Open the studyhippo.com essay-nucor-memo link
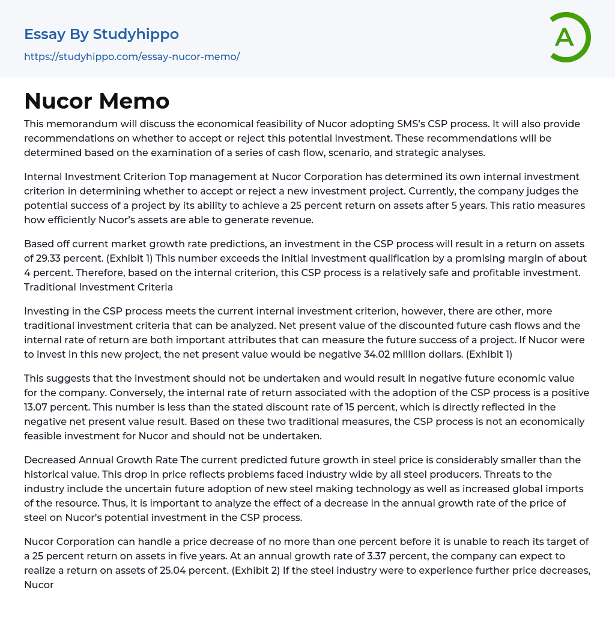pyautogui.click(x=132, y=56)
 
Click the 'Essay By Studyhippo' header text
pyautogui.click(x=101, y=34)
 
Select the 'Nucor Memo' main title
pyautogui.click(x=97, y=101)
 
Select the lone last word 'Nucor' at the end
pyautogui.click(x=39, y=585)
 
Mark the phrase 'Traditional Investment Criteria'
pyautogui.click(x=98, y=287)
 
